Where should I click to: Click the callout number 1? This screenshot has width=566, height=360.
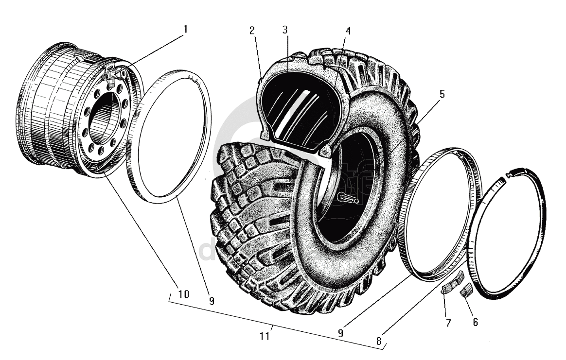pos(185,29)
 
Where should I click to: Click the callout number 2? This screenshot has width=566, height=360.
pos(252,31)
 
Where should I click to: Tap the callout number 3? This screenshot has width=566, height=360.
pos(285,31)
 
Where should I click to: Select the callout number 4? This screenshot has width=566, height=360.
pos(348,31)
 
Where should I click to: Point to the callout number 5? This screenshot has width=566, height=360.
pos(442,94)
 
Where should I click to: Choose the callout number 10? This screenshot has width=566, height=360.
pos(183,294)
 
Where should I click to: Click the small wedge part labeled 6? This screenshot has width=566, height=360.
pos(466,290)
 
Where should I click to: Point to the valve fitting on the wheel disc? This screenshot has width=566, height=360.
pos(112,78)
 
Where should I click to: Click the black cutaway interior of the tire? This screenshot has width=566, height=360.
pos(297,107)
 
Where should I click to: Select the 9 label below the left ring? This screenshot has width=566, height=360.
pos(211,301)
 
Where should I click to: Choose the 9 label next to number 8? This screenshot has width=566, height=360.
pos(340,333)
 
